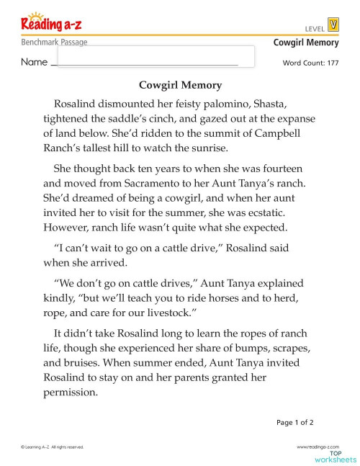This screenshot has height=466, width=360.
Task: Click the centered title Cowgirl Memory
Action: tap(180, 85)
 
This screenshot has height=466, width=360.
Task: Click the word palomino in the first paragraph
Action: tap(234, 102)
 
